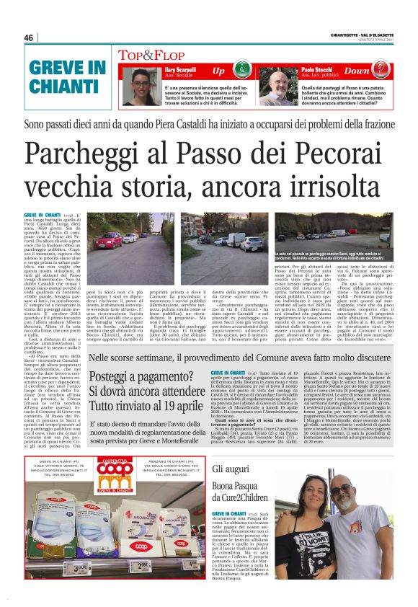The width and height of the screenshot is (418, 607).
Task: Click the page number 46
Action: (x=29, y=37)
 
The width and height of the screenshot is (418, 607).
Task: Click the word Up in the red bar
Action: (x=218, y=71)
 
